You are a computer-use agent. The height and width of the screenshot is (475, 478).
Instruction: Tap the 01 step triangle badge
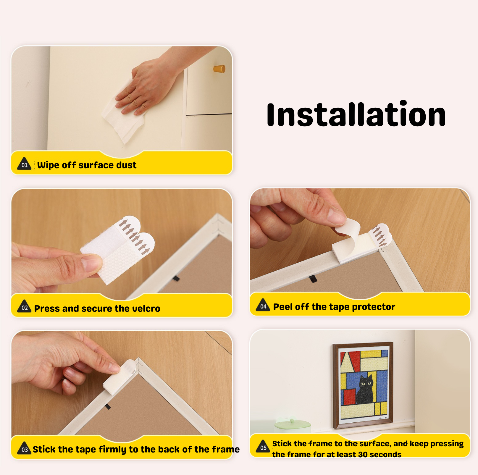coord(24,164)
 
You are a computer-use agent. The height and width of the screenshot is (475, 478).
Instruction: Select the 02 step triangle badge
coord(24,306)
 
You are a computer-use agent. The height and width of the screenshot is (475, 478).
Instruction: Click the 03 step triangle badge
coord(24,448)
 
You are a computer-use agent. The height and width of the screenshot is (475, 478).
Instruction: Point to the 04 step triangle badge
coord(263,305)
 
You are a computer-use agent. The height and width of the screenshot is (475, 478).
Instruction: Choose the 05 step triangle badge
coord(263,446)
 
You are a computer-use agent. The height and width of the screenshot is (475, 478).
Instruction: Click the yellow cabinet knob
coord(219,69)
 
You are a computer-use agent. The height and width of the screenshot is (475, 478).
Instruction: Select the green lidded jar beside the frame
coord(292,426)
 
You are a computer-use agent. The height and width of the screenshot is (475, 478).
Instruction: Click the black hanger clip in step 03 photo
coord(108,406)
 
